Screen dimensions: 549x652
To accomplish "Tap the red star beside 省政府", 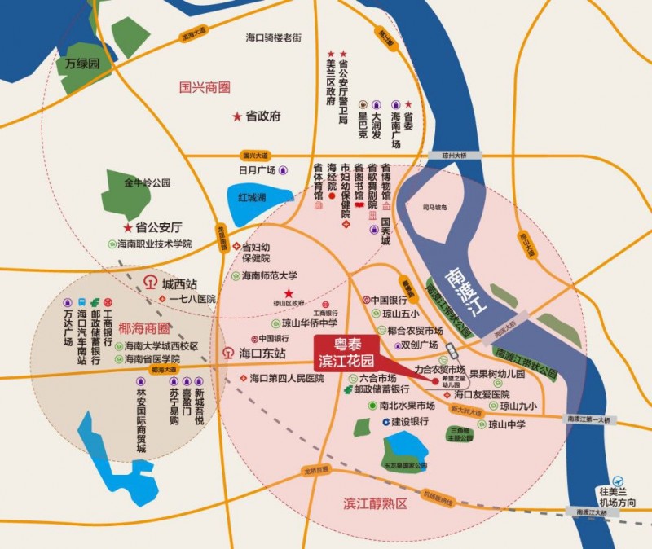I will click(237, 116).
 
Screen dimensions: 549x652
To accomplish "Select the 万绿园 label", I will click(82, 63).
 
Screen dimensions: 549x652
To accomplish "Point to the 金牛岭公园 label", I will click(148, 183).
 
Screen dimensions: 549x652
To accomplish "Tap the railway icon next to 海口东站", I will click(229, 354).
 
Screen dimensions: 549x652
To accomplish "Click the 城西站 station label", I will click(179, 284).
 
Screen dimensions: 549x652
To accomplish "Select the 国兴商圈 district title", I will click(205, 85).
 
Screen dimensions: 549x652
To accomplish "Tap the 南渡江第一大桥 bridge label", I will click(592, 419).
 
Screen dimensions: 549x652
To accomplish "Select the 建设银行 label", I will click(410, 421).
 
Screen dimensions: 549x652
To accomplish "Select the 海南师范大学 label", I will click(270, 275).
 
